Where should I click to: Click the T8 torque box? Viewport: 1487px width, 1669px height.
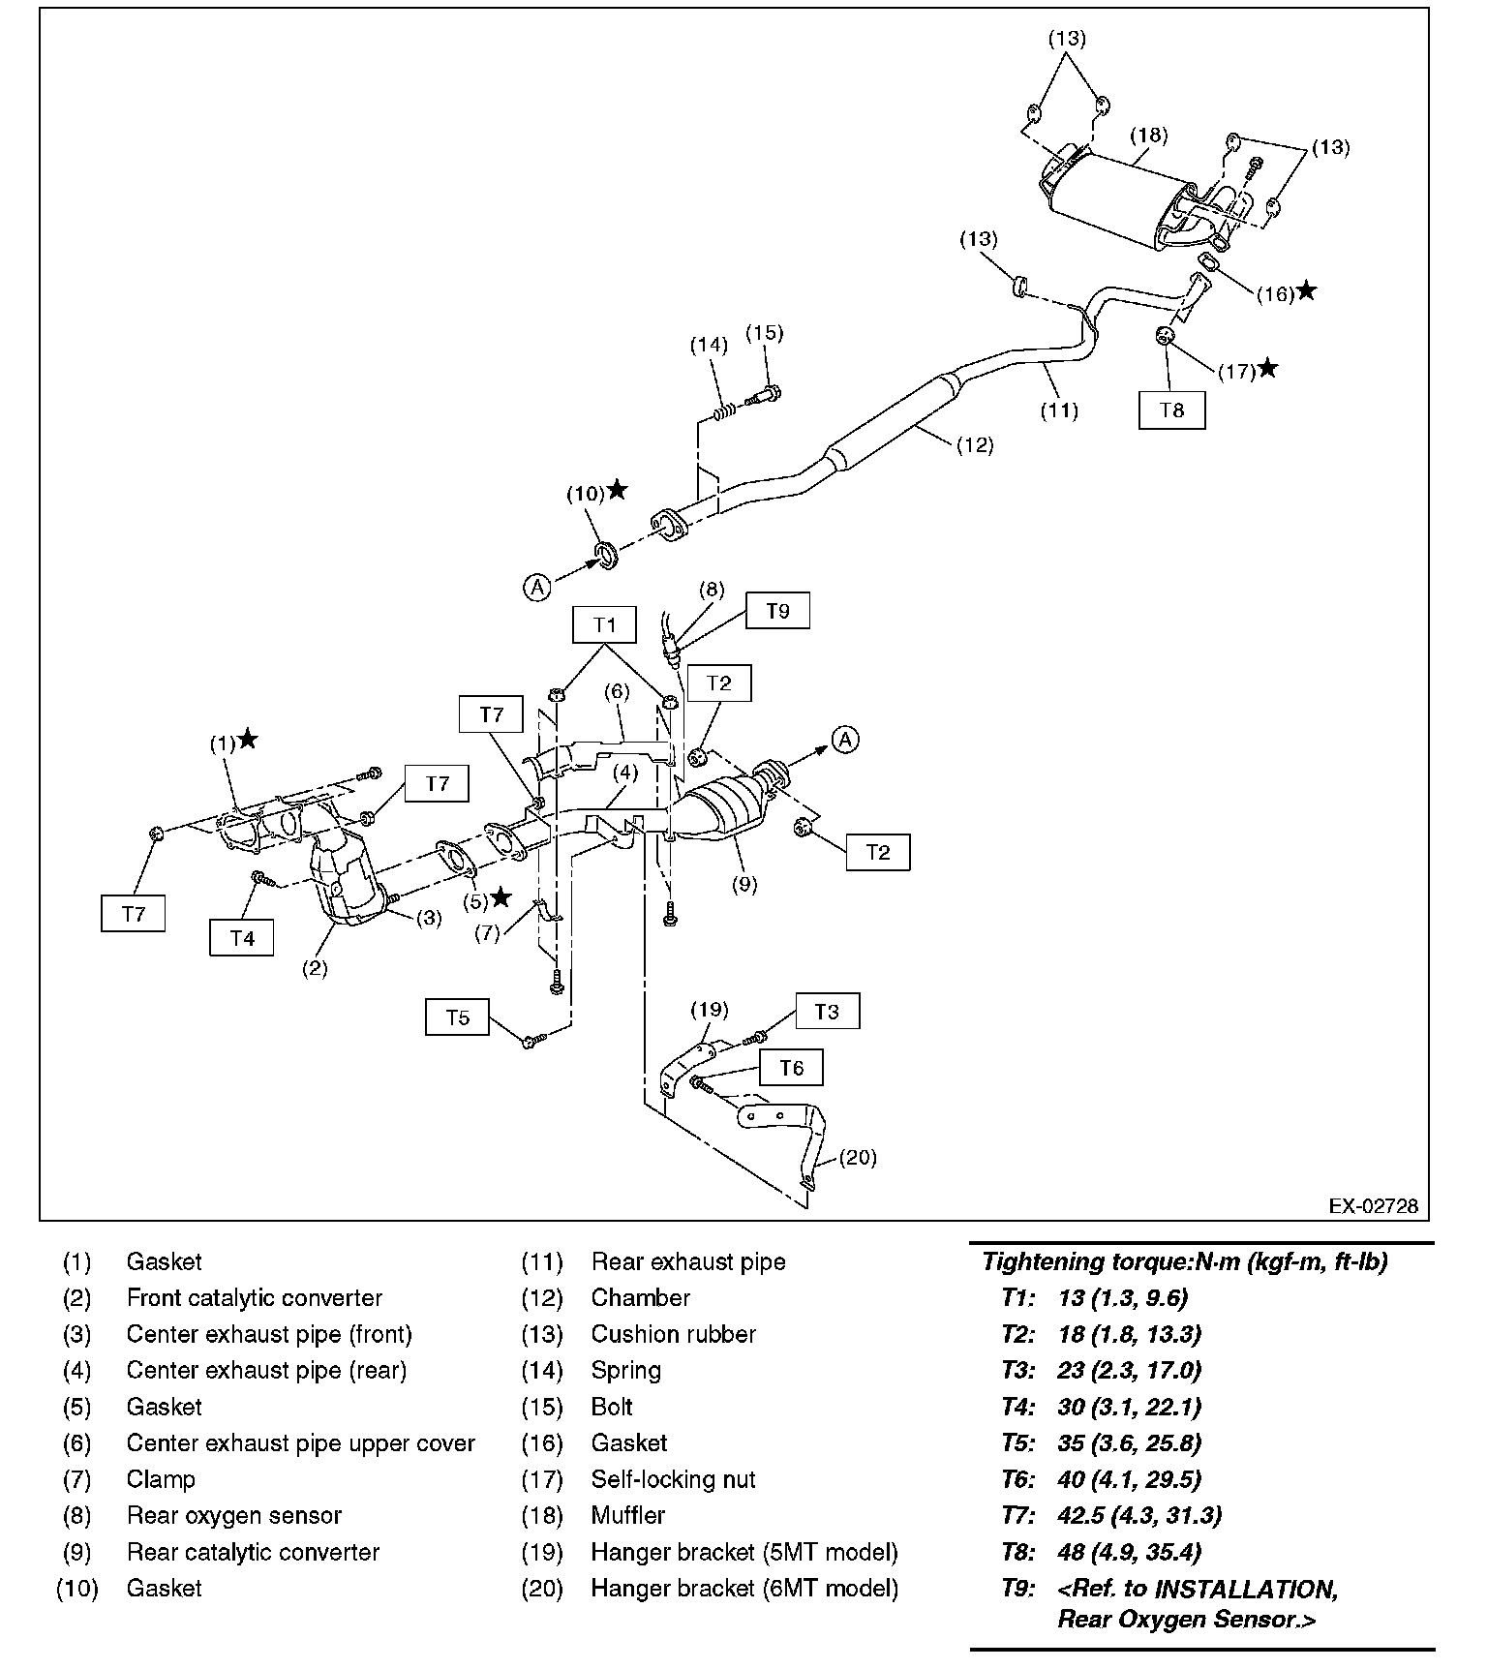coord(1171,410)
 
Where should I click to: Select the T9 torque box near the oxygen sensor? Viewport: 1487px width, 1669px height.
coord(777,611)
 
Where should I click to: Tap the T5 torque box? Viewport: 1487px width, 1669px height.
coord(457,1017)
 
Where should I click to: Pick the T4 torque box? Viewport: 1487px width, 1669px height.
coord(242,937)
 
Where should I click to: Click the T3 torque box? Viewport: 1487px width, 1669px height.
coord(826,1012)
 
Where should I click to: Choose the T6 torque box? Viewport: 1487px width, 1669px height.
coord(791,1068)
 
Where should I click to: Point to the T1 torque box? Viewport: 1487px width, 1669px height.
coord(604,624)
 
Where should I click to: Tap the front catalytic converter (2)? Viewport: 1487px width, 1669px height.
coord(344,881)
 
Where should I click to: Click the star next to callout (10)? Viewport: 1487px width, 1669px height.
coord(617,491)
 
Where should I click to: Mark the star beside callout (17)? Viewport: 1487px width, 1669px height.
coord(1267,369)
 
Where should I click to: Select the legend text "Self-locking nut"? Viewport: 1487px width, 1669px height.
coord(673,1479)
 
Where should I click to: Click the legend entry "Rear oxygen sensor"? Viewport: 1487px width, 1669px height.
coord(234,1515)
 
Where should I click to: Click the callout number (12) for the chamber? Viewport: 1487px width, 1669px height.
coord(975,445)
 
